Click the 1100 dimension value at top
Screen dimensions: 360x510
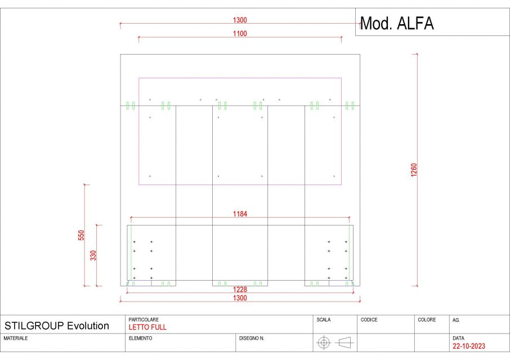point(240,34)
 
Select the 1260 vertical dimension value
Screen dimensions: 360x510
point(414,170)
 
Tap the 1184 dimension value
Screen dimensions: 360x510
point(240,214)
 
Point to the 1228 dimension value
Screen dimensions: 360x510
point(240,289)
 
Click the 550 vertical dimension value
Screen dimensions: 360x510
point(81,235)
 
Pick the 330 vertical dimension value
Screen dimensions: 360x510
point(93,255)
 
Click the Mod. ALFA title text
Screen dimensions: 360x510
point(396,24)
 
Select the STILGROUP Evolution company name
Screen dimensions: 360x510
point(57,326)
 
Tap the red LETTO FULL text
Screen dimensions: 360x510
point(147,327)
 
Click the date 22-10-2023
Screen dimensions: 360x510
point(469,346)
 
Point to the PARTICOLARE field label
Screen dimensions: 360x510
point(144,319)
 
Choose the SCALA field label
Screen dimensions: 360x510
point(324,319)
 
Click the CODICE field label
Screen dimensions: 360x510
point(369,319)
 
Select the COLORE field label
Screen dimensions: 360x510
point(427,319)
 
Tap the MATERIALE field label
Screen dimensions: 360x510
point(16,339)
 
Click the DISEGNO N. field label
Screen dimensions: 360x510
point(252,339)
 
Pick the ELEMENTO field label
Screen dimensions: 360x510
point(141,339)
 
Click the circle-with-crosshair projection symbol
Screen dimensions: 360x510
point(323,342)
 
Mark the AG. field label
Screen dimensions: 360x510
point(456,319)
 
